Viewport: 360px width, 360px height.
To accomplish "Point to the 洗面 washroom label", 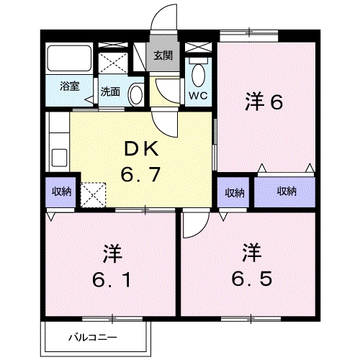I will [110, 91].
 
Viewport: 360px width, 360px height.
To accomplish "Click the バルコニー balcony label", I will [92, 336].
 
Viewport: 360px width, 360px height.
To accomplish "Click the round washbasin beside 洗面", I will [135, 93].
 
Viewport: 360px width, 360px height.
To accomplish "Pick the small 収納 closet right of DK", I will [234, 192].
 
